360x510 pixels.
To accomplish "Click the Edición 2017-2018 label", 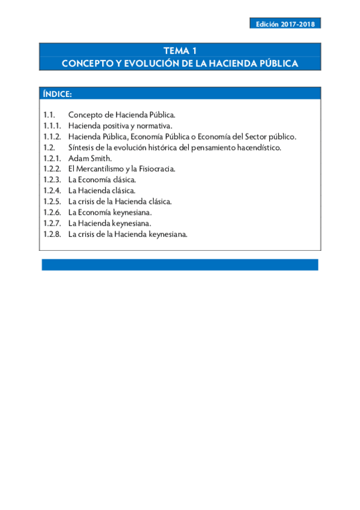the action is [x=285, y=24].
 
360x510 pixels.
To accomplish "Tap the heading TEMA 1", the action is [x=180, y=51].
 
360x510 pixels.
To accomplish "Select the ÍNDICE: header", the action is [x=58, y=94].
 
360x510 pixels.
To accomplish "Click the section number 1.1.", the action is [x=49, y=114].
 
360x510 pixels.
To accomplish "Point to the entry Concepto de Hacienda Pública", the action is [x=121, y=114].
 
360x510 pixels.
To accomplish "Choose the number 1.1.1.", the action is [x=52, y=126].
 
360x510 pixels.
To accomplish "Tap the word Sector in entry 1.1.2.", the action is [x=252, y=137].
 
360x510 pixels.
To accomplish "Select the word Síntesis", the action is [x=82, y=147].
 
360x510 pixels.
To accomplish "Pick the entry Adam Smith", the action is [x=90, y=158].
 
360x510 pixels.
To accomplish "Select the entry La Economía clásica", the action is [x=102, y=180].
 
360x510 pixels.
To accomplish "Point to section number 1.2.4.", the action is [x=52, y=191].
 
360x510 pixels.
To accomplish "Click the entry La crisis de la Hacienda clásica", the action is [x=120, y=201].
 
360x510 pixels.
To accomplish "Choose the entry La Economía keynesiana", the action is [x=109, y=212].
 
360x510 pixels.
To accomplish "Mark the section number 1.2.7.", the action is [x=52, y=223].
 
